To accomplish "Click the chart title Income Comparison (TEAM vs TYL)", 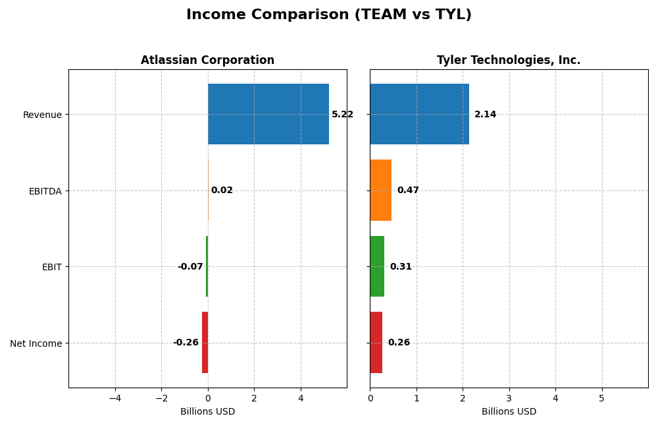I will tap(328, 15).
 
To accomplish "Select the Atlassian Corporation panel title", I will tap(207, 60).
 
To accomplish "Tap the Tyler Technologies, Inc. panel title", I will tap(509, 60).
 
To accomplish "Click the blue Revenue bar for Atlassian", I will tap(268, 114).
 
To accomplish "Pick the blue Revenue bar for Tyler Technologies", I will tap(419, 114).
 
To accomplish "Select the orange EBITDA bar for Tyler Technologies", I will tap(380, 190).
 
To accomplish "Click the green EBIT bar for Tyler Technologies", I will tap(377, 266).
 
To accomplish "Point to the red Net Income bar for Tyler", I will tap(376, 342).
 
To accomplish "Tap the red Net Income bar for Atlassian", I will tap(205, 342).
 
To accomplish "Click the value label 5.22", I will tap(342, 115).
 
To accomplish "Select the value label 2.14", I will tap(485, 115).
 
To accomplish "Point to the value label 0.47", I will tap(408, 190).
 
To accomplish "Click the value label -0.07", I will tap(190, 267).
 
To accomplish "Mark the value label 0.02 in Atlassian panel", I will tap(222, 190).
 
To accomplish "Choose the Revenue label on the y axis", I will tap(42, 115).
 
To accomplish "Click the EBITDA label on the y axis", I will tap(45, 191).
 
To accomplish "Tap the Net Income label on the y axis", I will tap(36, 343).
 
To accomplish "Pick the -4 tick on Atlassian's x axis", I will tap(115, 398).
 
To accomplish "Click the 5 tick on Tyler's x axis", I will tap(601, 398).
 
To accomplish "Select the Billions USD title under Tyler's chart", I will tap(509, 412).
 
